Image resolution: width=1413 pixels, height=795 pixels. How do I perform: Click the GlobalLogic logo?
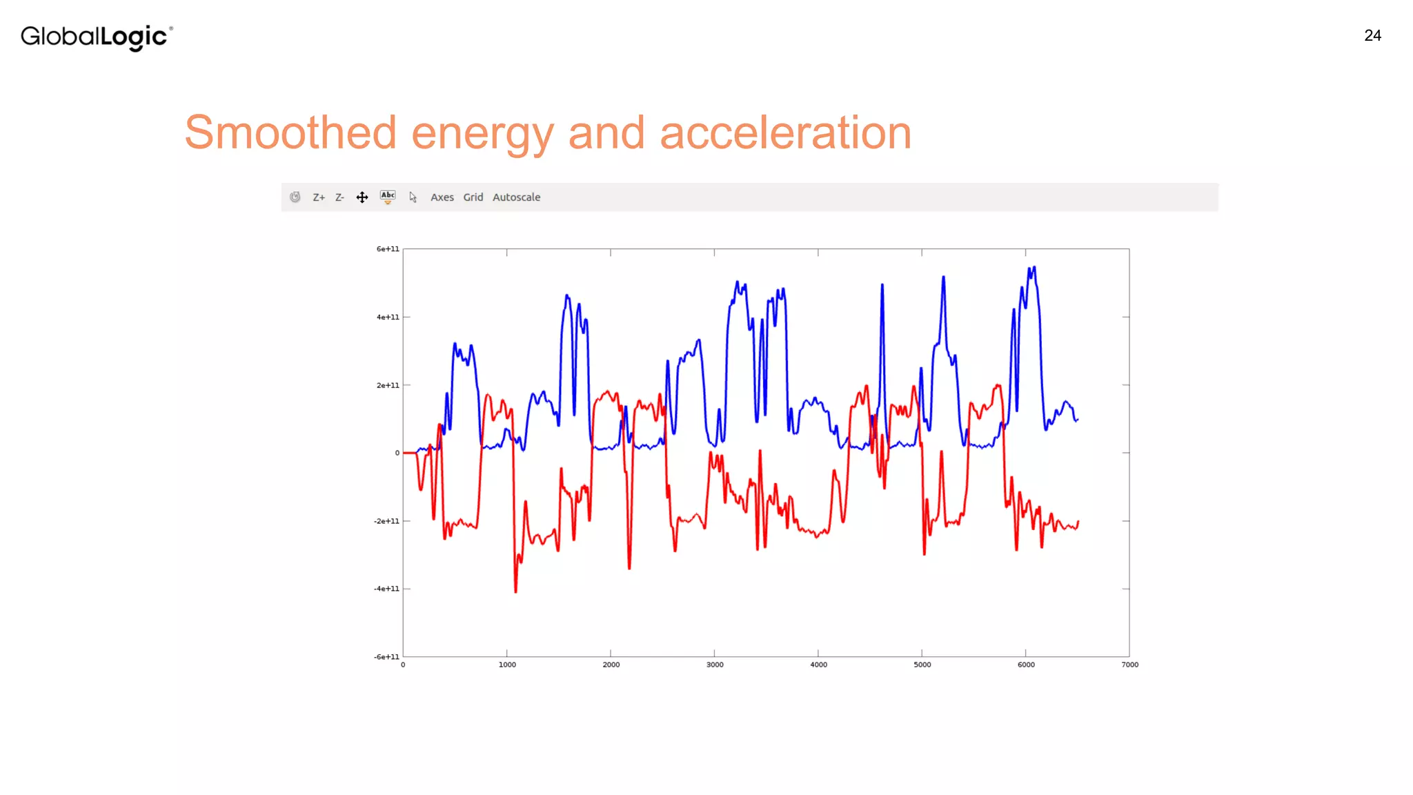[97, 37]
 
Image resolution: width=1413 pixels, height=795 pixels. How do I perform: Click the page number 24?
[1372, 36]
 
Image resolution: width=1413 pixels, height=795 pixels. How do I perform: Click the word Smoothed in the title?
[290, 132]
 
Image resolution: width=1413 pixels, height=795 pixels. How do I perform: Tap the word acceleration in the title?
[785, 132]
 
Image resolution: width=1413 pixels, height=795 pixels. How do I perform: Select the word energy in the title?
[482, 134]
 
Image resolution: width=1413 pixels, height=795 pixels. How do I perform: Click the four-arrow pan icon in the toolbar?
[362, 197]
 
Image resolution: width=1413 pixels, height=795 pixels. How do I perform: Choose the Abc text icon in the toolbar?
[388, 197]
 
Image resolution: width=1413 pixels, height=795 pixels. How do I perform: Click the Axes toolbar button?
[442, 197]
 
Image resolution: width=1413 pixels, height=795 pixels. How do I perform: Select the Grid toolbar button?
[473, 197]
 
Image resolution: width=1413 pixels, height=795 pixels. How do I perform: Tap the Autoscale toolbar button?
[516, 197]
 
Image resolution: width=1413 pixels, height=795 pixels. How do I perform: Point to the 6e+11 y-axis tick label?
[388, 249]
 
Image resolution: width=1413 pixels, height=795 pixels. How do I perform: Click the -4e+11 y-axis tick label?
[386, 589]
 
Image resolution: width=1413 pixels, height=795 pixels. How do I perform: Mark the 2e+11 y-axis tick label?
[388, 385]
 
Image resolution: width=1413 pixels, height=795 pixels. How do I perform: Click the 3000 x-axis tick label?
[715, 665]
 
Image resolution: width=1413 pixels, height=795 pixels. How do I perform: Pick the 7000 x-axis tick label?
[1129, 665]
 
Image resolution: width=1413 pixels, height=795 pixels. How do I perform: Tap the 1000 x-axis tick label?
[507, 665]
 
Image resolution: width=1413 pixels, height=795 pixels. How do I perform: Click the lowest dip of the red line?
[515, 591]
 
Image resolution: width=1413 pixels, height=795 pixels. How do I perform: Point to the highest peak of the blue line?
[1034, 267]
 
